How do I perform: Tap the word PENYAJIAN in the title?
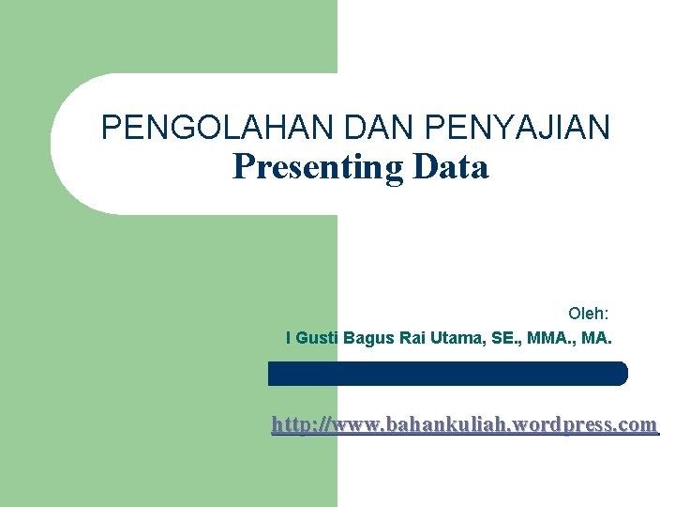(517, 127)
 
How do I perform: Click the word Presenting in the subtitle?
(318, 167)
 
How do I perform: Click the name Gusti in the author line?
(317, 337)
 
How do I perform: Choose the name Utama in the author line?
(455, 337)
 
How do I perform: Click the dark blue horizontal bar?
(448, 374)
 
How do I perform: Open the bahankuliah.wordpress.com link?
(464, 425)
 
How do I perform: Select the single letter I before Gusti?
(288, 337)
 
